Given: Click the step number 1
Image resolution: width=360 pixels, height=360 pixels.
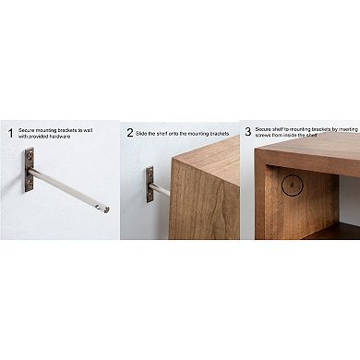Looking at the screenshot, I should pos(10,133).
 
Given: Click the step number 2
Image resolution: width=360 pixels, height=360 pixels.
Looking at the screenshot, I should pos(129,133).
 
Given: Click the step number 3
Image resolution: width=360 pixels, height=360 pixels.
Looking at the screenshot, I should pos(247,132).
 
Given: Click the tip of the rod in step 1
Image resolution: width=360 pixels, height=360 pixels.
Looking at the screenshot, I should pos(106,210).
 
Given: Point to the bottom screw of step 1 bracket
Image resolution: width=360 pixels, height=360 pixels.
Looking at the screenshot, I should pos(30,186).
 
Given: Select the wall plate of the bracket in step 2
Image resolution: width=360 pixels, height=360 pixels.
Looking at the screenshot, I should pos(150,185).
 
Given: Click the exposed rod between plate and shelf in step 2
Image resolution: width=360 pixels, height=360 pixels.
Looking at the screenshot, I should pos(162,189).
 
